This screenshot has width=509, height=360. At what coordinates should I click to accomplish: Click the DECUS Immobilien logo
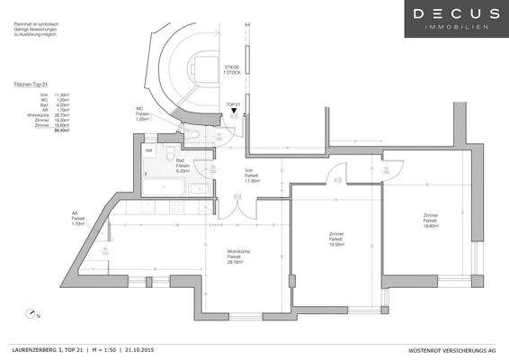tap(455, 19)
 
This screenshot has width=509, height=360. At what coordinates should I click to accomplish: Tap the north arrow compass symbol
tap(32, 314)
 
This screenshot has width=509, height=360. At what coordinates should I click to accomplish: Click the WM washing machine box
tap(149, 152)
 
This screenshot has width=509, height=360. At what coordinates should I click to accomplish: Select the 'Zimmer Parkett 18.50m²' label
tap(337, 238)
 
